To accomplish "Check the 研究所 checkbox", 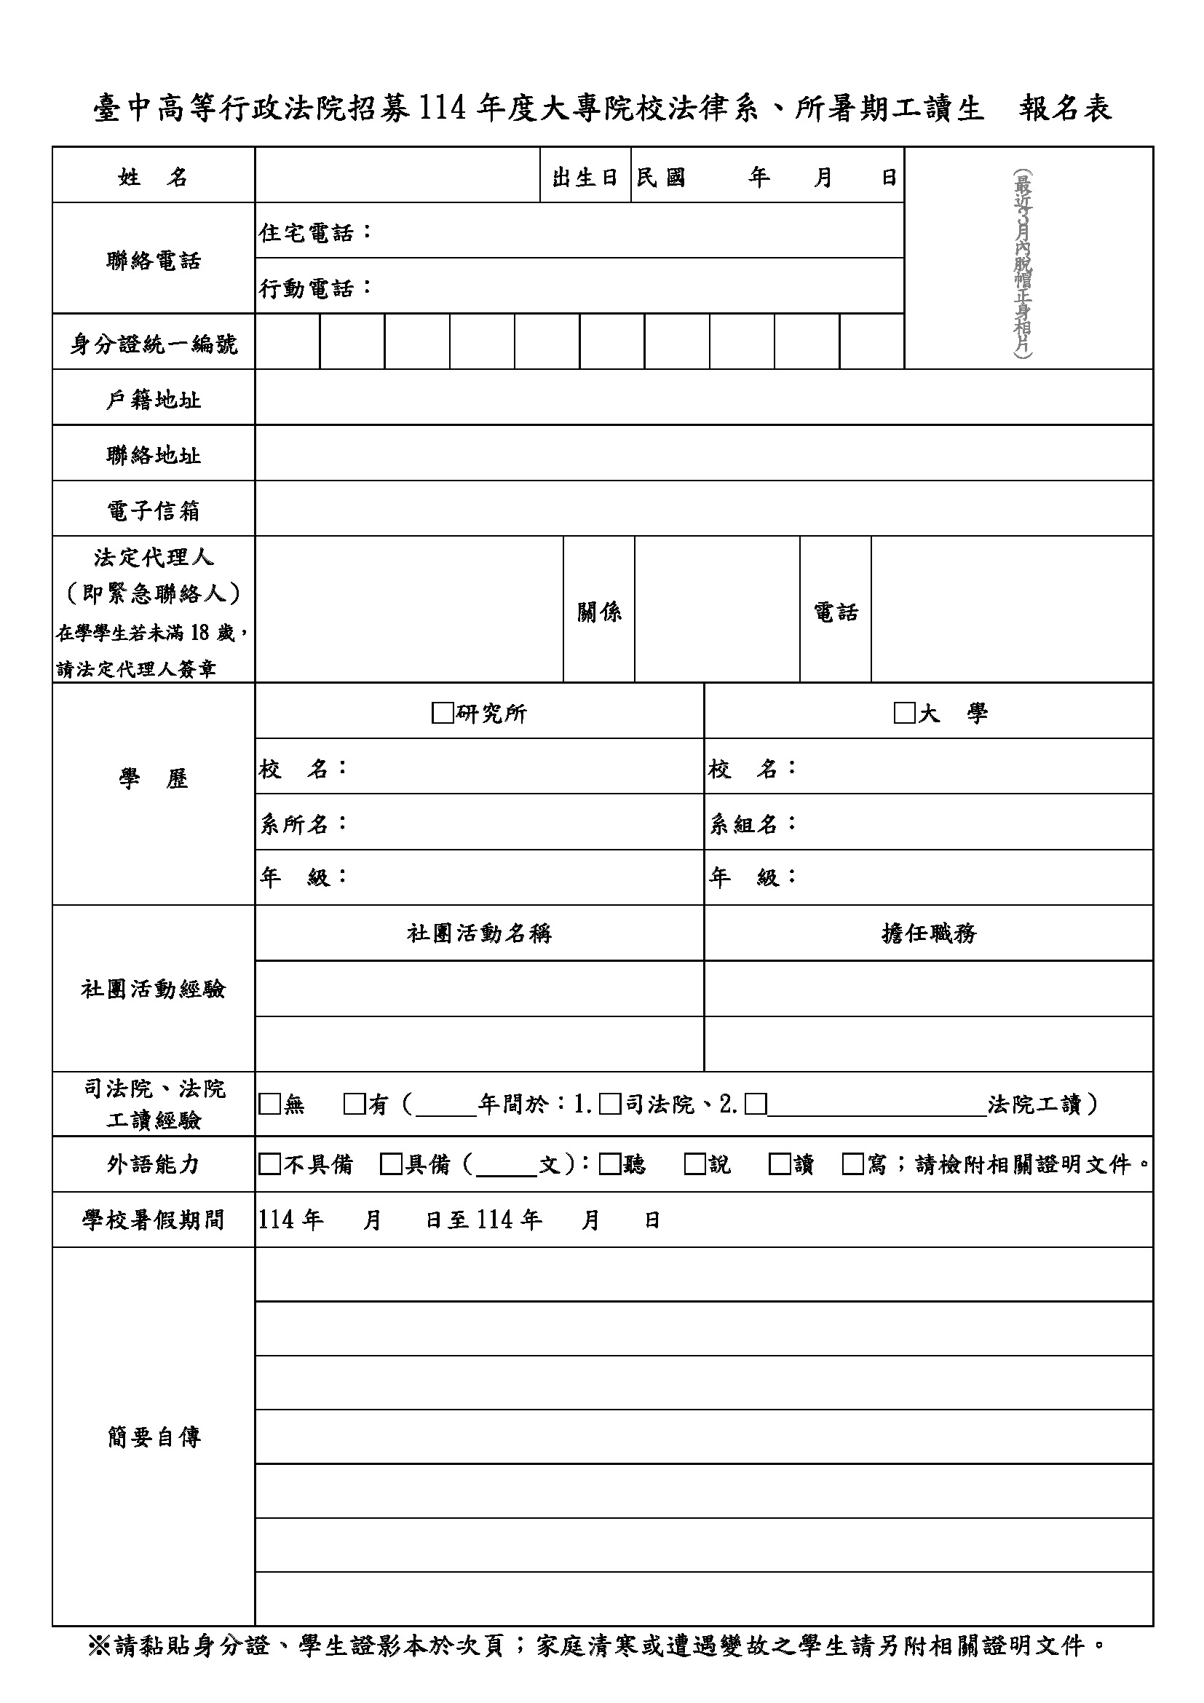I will (x=442, y=714).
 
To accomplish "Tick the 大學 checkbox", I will (x=904, y=714).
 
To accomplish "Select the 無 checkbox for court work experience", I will (x=269, y=1105).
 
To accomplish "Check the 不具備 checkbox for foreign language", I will (x=269, y=1163).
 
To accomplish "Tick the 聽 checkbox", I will (x=609, y=1163).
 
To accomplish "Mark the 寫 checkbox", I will (x=852, y=1163).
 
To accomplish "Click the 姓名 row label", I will (x=153, y=177).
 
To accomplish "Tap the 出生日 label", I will (x=585, y=177).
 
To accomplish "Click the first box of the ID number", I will (x=288, y=342).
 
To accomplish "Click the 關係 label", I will (x=599, y=612).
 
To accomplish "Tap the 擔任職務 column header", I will (x=928, y=933).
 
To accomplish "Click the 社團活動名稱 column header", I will (x=479, y=933).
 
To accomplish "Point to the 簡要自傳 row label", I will (x=153, y=1437).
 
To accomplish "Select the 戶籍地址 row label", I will (x=153, y=400).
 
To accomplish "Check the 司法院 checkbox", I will (x=609, y=1105).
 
